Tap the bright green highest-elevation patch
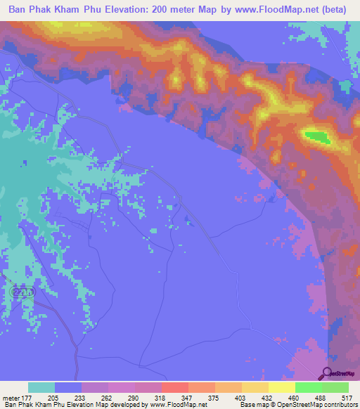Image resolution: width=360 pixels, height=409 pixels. click(317, 136)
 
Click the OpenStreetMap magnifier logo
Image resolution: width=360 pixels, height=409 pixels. click(326, 375)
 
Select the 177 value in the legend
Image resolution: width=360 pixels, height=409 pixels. click(29, 398)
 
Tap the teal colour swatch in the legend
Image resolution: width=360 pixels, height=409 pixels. click(41, 387)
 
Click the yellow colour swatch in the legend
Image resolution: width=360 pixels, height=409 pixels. click(282, 387)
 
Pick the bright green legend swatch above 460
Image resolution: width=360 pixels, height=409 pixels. click(309, 387)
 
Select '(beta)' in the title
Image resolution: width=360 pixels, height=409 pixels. click(337, 10)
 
